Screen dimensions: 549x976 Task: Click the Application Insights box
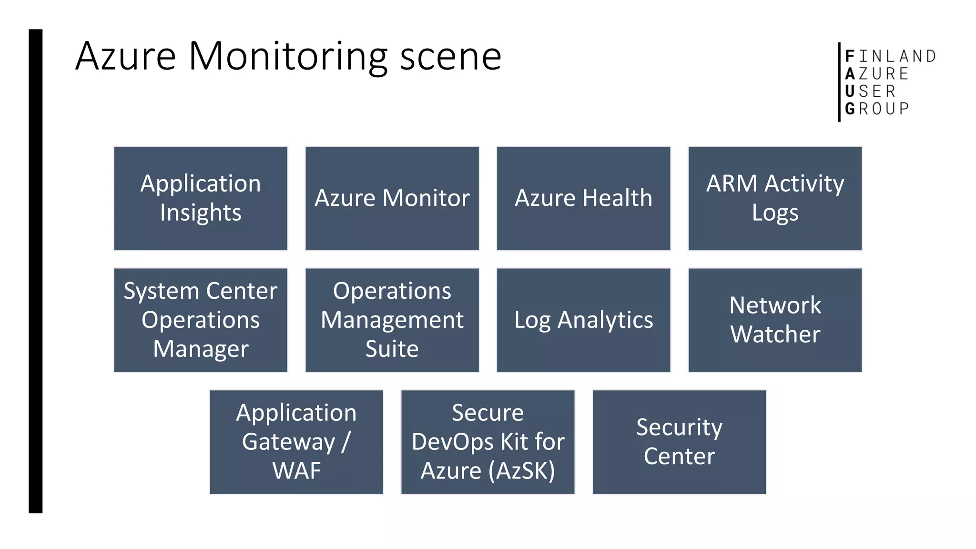pyautogui.click(x=201, y=198)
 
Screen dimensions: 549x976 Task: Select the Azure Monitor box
pyautogui.click(x=392, y=198)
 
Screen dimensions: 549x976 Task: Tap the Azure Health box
pyautogui.click(x=583, y=198)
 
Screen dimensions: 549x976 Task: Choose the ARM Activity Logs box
pyautogui.click(x=775, y=198)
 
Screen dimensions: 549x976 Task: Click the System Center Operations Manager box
pyautogui.click(x=201, y=320)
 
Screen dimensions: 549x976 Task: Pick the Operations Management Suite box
pyautogui.click(x=392, y=320)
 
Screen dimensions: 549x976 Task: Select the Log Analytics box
pyautogui.click(x=583, y=320)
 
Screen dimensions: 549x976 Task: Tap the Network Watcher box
pyautogui.click(x=775, y=320)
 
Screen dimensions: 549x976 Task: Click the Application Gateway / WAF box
pyautogui.click(x=296, y=442)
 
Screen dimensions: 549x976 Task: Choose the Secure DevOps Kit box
pyautogui.click(x=488, y=442)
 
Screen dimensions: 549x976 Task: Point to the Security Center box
pyautogui.click(x=679, y=442)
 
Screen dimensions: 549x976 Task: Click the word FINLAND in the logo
pyautogui.click(x=890, y=56)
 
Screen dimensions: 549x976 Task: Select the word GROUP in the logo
pyautogui.click(x=877, y=109)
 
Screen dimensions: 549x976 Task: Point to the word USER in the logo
pyautogui.click(x=870, y=91)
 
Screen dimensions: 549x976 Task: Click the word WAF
pyautogui.click(x=296, y=471)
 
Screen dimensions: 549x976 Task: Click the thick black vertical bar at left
pyautogui.click(x=35, y=272)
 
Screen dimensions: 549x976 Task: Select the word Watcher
pyautogui.click(x=775, y=334)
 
